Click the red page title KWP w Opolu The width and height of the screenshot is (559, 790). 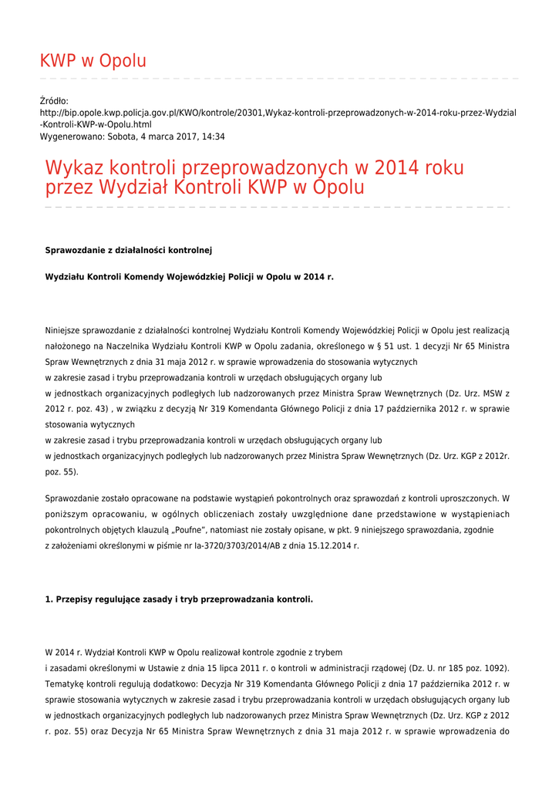click(x=93, y=61)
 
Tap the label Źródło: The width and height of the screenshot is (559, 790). click(x=54, y=101)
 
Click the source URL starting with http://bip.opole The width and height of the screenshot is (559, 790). click(x=278, y=113)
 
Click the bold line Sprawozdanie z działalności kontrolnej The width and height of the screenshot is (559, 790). click(x=128, y=250)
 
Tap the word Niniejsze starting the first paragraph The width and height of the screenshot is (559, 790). click(x=65, y=331)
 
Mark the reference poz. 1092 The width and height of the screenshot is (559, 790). click(x=483, y=668)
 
